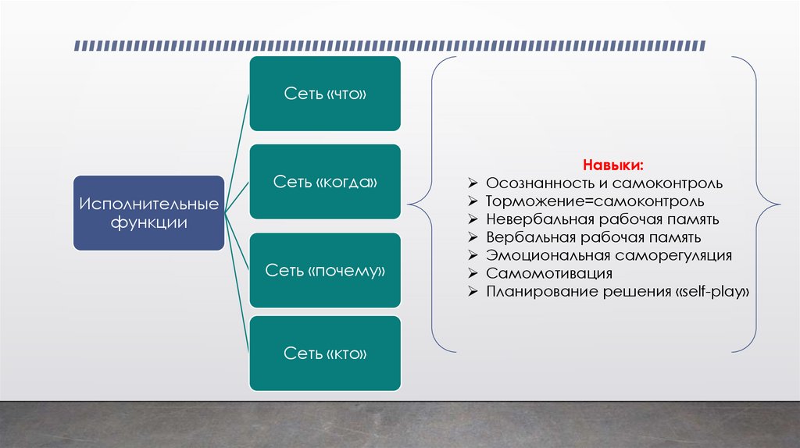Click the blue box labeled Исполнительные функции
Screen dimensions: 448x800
click(148, 213)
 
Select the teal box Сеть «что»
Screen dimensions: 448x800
click(325, 94)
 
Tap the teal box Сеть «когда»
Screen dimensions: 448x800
click(325, 182)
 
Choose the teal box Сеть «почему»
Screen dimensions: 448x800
click(325, 270)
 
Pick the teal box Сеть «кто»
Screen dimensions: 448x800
click(325, 354)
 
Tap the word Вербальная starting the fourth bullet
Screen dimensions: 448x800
click(524, 237)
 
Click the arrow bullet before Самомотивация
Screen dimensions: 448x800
click(473, 274)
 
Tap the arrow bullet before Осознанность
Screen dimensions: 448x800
click(473, 184)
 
